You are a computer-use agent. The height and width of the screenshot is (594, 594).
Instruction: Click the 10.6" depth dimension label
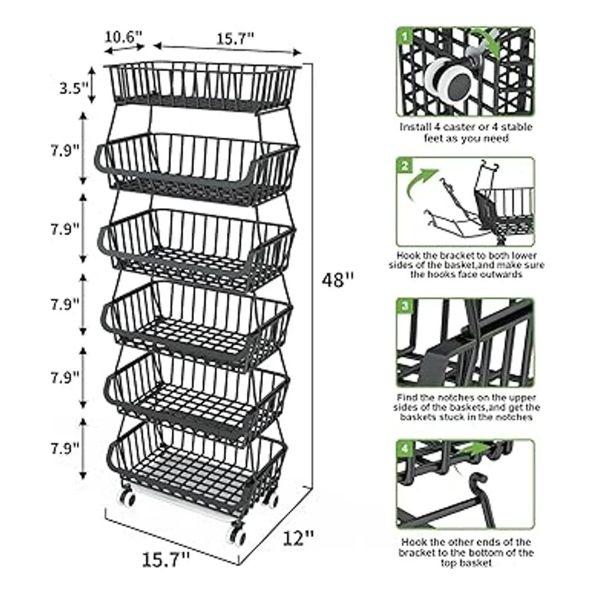[x=123, y=37]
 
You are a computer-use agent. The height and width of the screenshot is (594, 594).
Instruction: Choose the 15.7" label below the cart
[x=166, y=560]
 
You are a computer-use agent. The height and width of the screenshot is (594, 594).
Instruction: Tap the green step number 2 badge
[x=405, y=166]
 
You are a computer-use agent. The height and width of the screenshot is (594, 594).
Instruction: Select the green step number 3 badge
[x=405, y=306]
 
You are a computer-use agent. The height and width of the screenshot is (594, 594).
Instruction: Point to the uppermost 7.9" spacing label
[x=65, y=150]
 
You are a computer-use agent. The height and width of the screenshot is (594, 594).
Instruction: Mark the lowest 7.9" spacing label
[x=65, y=448]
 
